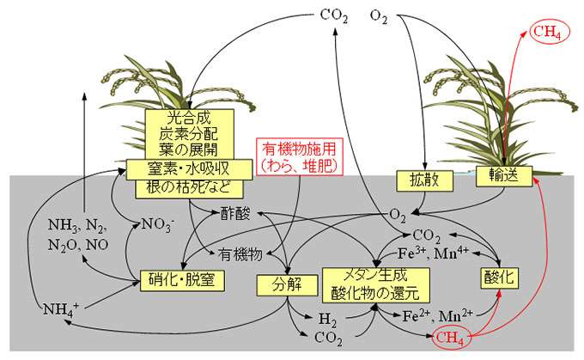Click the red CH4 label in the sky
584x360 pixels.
point(547,33)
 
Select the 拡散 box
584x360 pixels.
point(418,180)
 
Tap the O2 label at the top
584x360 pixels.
point(379,15)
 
